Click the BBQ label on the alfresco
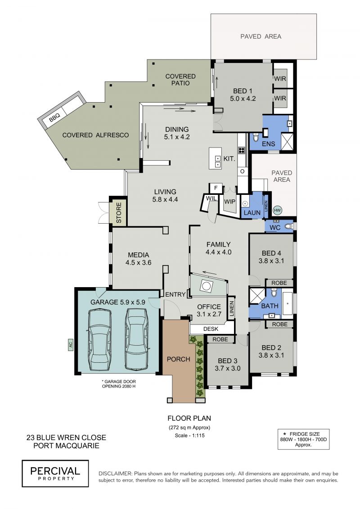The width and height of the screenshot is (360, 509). [x=54, y=119]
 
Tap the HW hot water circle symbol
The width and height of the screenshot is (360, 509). [x=277, y=210]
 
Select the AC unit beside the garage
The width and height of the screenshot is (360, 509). [x=70, y=345]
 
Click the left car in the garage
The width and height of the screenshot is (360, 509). [x=99, y=339]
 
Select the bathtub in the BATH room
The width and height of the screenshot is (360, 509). [x=287, y=303]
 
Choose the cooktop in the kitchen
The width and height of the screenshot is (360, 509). [x=242, y=150]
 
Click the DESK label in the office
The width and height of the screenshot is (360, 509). [x=211, y=329]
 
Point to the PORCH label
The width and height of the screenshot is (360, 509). [x=178, y=359]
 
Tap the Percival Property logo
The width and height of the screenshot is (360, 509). [x=55, y=473]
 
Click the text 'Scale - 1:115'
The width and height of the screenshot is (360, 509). [x=189, y=436]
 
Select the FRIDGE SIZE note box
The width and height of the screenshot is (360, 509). [x=303, y=439]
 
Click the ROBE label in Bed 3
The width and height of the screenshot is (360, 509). [x=220, y=339]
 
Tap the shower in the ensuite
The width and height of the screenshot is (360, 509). [x=288, y=141]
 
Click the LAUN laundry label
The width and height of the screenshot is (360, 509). [x=252, y=212]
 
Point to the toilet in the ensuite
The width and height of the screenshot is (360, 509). [x=256, y=138]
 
